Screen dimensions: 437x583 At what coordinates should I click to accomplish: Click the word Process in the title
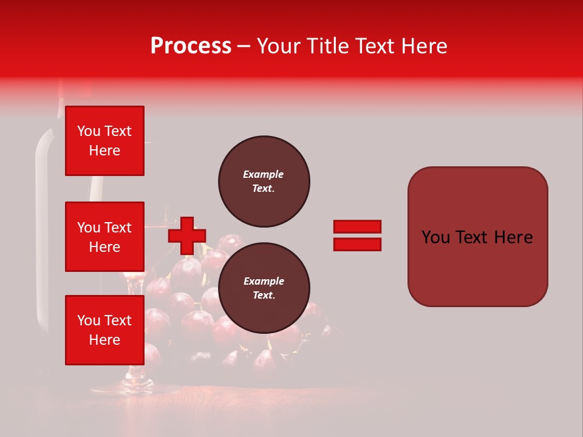[191, 46]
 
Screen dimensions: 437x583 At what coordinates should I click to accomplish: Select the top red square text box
[104, 141]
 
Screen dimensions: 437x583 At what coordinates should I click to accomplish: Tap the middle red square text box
[104, 237]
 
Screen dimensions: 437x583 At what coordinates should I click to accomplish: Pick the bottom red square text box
[104, 330]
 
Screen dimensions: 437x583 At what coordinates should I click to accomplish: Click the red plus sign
[186, 235]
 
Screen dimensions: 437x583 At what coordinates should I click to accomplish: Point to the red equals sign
[357, 235]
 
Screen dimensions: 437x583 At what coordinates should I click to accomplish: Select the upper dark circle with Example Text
[264, 181]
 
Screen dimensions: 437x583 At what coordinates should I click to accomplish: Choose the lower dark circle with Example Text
[264, 288]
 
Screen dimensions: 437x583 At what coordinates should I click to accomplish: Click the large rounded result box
[477, 237]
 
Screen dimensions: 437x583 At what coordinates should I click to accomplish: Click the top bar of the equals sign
[357, 227]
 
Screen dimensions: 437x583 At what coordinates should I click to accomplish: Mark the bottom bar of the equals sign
[357, 244]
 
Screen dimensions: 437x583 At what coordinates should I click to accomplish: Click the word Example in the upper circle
[264, 174]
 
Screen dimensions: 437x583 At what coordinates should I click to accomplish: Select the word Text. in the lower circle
[264, 296]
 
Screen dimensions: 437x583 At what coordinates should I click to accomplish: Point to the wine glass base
[138, 382]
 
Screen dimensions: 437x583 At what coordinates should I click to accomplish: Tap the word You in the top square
[87, 131]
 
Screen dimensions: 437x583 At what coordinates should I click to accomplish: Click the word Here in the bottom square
[104, 340]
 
